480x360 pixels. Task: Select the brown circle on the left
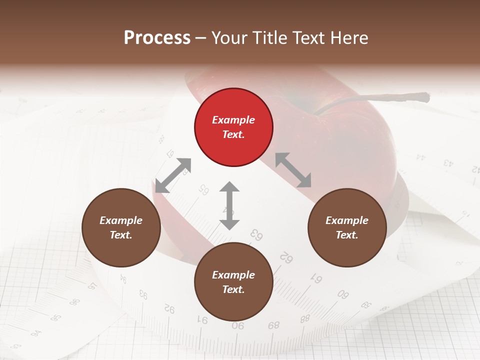point(121,227)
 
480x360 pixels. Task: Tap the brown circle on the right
point(347,227)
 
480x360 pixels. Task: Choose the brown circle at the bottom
point(233,281)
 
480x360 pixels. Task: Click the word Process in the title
point(157,38)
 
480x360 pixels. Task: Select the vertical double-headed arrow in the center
point(229,205)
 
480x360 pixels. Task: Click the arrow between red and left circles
point(173,175)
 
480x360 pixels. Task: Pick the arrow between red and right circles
point(293,170)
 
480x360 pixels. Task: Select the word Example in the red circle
point(233,120)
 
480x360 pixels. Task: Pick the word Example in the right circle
point(347,220)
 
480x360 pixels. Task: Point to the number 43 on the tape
point(448,162)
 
